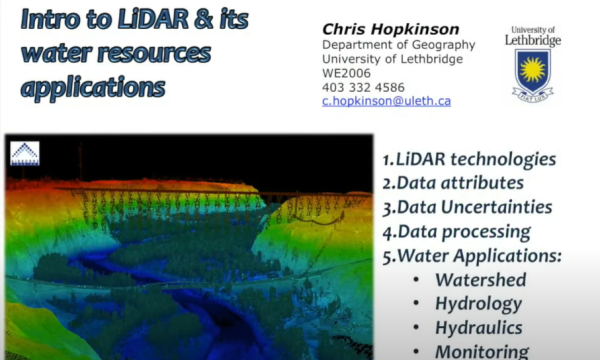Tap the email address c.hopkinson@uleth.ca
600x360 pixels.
[x=386, y=101]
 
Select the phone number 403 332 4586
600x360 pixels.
[x=363, y=87]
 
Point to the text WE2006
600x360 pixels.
[x=345, y=73]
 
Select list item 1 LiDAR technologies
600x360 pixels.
[x=469, y=160]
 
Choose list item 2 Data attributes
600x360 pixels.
[x=454, y=183]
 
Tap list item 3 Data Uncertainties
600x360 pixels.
[x=467, y=207]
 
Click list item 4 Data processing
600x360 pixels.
[x=456, y=231]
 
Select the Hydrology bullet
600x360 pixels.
[x=477, y=303]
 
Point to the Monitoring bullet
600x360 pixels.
[x=481, y=350]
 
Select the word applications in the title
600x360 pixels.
[x=92, y=87]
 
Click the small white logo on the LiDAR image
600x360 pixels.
[x=24, y=153]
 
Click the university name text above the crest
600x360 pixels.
[x=532, y=36]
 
